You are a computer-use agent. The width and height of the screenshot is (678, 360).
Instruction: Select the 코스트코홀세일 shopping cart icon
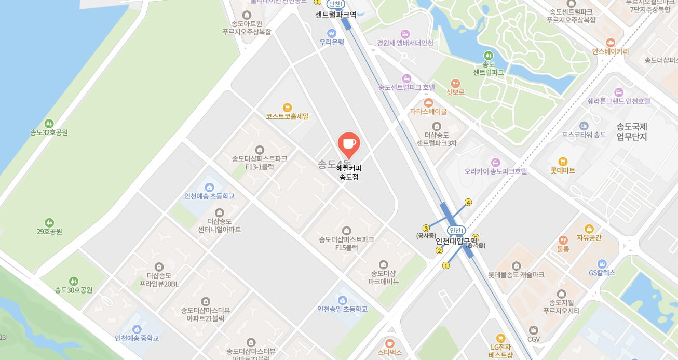point(287,108)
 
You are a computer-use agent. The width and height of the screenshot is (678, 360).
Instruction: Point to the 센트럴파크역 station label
point(335,15)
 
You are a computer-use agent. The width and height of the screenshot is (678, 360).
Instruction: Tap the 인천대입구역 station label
point(456,241)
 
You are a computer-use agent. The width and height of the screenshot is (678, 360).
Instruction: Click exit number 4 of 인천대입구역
point(468,202)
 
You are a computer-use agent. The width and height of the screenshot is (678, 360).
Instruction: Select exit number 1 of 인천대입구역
point(445,266)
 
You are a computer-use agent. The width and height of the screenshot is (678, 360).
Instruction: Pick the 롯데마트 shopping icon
point(563,162)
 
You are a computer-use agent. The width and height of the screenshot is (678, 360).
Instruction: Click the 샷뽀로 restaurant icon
point(455,83)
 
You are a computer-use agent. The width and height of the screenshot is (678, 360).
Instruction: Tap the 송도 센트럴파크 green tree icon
point(488,55)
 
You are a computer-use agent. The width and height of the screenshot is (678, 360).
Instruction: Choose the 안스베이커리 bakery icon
point(610,43)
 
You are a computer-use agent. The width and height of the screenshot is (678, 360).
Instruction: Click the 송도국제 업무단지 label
point(631,131)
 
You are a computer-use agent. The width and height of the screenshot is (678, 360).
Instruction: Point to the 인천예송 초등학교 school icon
point(209,187)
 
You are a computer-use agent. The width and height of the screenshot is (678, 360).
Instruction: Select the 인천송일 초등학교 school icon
point(342,300)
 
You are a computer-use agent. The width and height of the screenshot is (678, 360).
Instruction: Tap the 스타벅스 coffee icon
point(390,343)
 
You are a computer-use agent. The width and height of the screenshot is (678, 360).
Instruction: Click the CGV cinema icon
point(534,330)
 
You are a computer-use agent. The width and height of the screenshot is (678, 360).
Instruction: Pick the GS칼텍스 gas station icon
point(602,263)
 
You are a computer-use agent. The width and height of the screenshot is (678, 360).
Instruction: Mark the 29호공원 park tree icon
point(49,222)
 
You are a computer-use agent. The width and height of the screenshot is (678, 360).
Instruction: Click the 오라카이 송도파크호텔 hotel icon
point(495,162)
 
